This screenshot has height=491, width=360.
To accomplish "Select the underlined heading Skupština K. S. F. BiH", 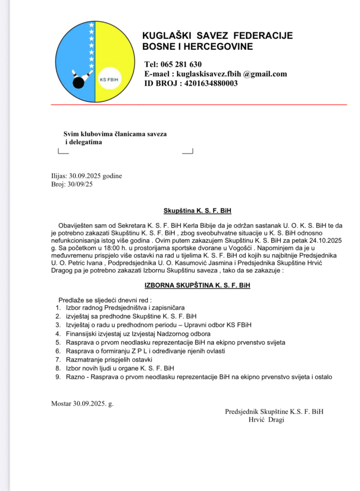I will tap(197, 210).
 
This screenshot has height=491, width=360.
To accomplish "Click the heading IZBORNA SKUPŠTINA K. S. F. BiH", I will tap(197, 285).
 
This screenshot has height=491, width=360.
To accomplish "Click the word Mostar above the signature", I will tap(61, 403).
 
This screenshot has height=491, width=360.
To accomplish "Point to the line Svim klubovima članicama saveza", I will tap(115, 134).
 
